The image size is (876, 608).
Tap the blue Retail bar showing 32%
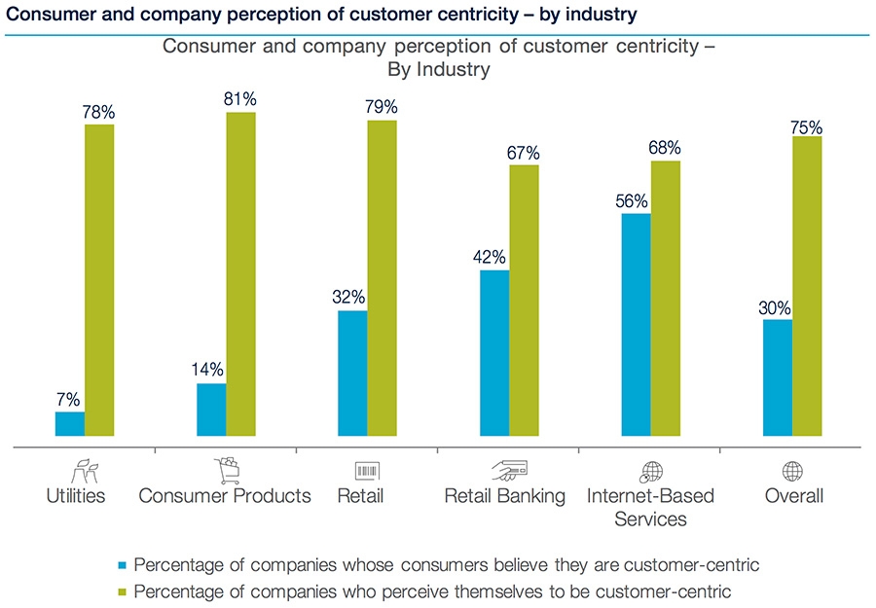[352, 374]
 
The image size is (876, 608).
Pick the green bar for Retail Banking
[524, 301]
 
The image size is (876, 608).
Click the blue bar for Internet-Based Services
[636, 325]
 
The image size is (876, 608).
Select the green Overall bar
[807, 286]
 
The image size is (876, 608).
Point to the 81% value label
[240, 99]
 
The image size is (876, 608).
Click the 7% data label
[68, 399]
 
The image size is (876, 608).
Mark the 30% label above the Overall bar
[777, 306]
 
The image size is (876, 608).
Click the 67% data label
[524, 153]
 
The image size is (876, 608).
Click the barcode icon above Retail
[367, 472]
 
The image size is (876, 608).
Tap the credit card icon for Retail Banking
[505, 472]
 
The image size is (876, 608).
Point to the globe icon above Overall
[792, 472]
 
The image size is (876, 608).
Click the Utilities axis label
[76, 496]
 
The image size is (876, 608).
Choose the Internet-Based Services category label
[650, 507]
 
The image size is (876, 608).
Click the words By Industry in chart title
[438, 70]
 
